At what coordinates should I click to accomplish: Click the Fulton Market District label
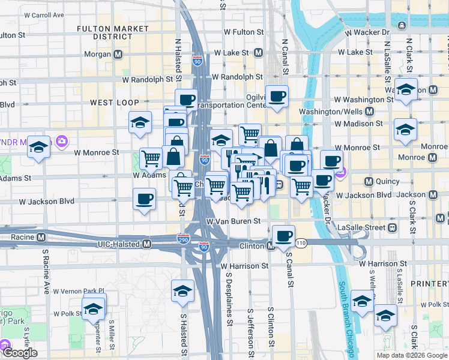[x=113, y=32]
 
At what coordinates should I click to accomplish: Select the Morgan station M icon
[x=118, y=54]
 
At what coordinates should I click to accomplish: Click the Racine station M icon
[x=41, y=237]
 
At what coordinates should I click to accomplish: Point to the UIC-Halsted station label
[x=119, y=244]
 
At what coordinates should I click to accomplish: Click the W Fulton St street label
[x=243, y=32]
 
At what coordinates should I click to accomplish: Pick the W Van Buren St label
[x=234, y=221]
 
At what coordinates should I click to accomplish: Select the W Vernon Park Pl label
[x=79, y=291]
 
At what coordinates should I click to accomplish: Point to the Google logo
[x=20, y=353]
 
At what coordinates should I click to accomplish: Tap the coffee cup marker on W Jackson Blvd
[x=144, y=199]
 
